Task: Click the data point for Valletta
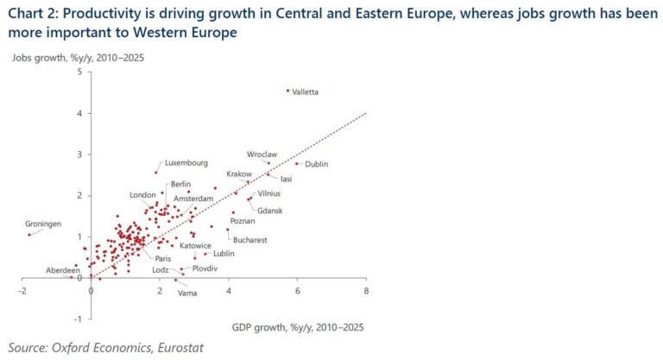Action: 287,91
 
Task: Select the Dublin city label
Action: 316,164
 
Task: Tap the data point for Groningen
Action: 28,234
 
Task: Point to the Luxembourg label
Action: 186,162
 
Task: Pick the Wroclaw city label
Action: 262,155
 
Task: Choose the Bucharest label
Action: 249,239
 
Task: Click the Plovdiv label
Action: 205,268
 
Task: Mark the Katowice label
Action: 195,245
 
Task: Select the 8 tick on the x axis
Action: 366,292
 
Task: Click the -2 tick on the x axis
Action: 21,292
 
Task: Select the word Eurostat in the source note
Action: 178,349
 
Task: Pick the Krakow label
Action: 239,174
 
